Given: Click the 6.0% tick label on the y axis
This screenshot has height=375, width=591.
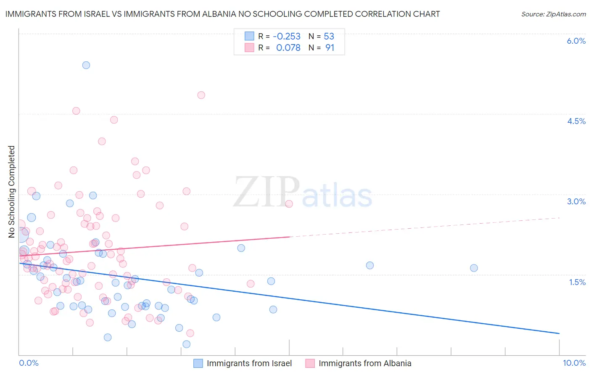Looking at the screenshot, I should click(576, 41).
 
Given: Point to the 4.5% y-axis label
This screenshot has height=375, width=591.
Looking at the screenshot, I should click(576, 121).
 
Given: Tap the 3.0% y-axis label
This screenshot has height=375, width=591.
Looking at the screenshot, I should click(576, 201).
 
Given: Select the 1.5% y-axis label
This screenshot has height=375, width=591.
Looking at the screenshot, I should click(577, 282).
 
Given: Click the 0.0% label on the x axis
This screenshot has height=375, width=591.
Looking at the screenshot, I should click(29, 363).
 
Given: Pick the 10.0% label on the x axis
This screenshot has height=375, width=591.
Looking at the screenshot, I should click(574, 363).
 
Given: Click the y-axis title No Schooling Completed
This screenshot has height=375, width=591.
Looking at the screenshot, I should click(11, 192).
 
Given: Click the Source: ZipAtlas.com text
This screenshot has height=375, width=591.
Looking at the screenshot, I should click(553, 14).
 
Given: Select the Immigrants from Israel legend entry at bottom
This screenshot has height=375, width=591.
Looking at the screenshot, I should click(249, 363).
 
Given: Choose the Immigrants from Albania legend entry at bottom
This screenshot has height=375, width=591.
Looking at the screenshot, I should click(364, 363).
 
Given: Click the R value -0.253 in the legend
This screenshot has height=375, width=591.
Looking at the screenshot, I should click(287, 37).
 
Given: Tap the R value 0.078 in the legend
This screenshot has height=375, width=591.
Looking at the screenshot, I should click(288, 48).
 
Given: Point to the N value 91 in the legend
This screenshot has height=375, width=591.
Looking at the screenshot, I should click(330, 48).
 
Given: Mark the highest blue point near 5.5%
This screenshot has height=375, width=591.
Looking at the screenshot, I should click(86, 65).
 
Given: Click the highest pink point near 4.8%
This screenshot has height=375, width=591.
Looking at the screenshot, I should click(201, 95).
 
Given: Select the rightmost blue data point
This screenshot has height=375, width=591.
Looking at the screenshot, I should click(474, 268).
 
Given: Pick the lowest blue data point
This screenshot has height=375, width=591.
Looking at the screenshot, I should click(187, 344).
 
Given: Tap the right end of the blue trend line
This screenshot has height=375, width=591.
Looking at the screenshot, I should click(559, 333).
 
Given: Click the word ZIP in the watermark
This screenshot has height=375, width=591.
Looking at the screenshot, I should click(266, 193).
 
